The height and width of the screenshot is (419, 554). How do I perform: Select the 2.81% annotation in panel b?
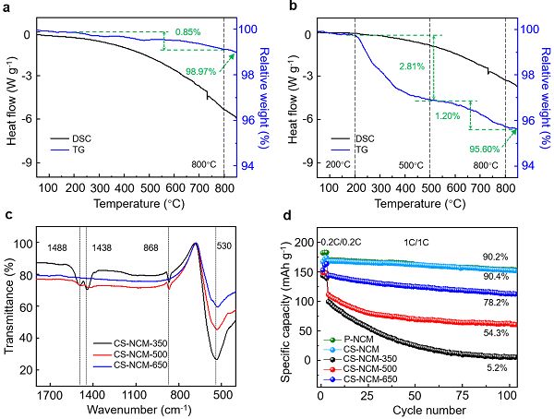click(x=412, y=66)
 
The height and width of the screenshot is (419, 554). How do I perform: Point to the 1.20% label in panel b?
click(x=448, y=115)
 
